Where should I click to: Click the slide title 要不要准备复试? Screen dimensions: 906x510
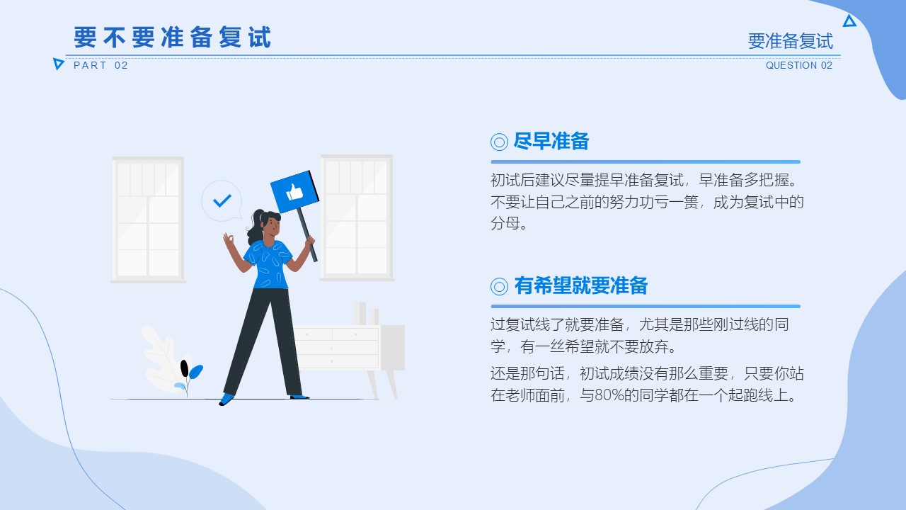click(172, 38)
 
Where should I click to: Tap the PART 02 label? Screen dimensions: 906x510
click(101, 65)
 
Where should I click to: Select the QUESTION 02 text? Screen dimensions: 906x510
click(799, 65)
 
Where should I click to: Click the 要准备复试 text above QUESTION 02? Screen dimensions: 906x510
click(791, 41)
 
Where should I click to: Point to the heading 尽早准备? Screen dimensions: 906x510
click(551, 141)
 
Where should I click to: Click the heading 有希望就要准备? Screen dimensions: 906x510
click(581, 285)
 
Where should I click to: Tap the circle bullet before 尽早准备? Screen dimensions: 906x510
click(499, 142)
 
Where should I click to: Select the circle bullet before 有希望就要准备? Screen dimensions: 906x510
click(499, 287)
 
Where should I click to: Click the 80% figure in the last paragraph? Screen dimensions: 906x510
click(609, 395)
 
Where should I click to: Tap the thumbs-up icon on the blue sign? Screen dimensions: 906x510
click(294, 192)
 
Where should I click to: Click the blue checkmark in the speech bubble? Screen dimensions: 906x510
click(222, 200)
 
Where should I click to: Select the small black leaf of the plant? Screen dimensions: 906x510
click(185, 368)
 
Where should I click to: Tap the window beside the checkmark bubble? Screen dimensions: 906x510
click(148, 220)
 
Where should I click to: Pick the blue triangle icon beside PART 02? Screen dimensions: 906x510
click(58, 64)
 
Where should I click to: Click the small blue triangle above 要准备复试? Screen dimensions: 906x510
click(849, 21)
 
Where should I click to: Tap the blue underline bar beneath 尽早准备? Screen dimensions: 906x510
click(646, 162)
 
